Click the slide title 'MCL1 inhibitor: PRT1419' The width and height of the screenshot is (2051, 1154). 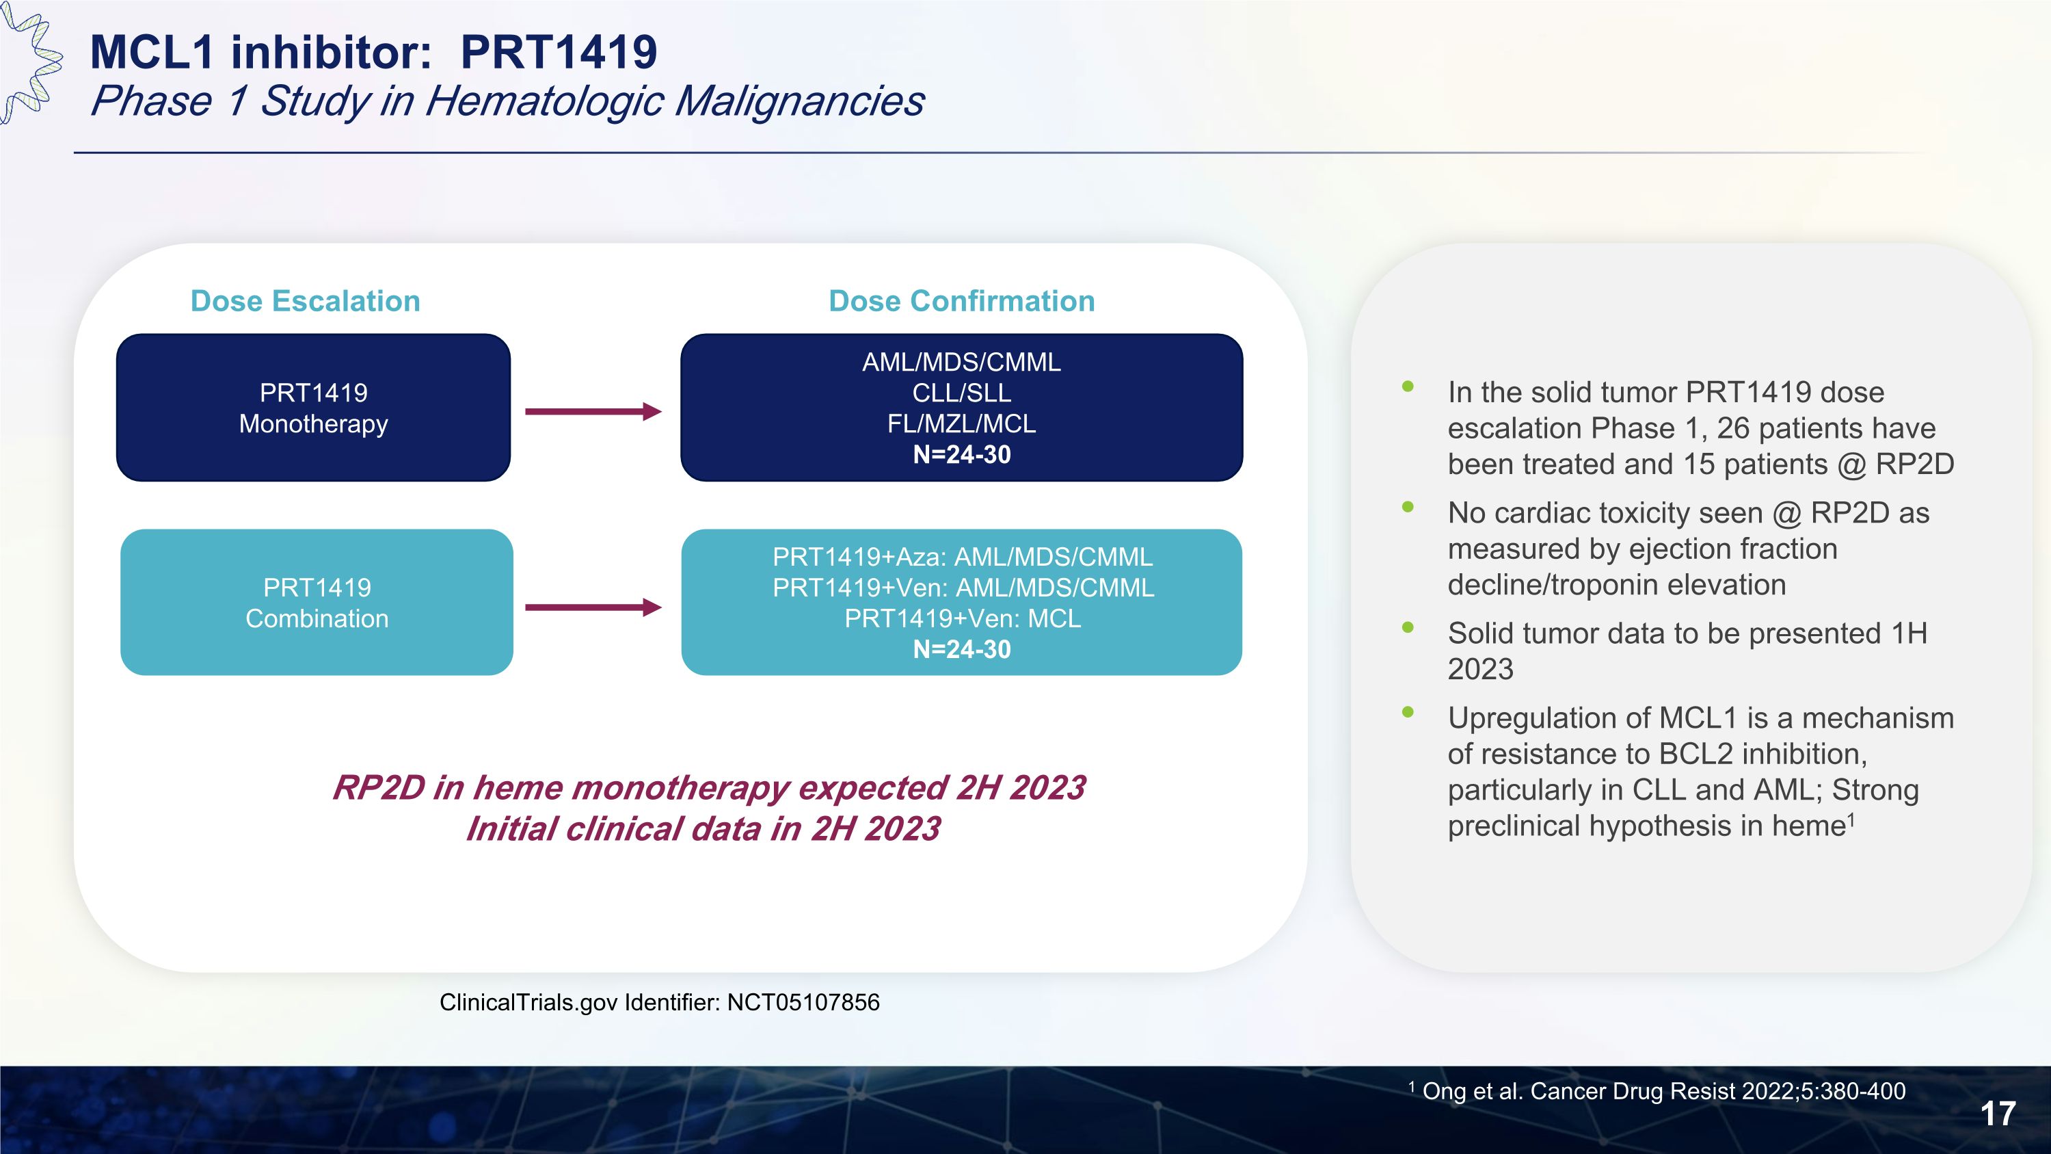click(373, 53)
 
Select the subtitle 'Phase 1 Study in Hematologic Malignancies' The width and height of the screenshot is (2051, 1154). click(507, 101)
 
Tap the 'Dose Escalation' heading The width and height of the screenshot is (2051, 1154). click(305, 301)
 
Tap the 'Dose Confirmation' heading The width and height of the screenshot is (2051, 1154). click(961, 301)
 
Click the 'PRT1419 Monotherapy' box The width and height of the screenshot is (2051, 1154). click(313, 408)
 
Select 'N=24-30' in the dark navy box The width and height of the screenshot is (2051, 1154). click(961, 455)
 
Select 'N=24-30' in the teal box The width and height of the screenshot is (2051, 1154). click(961, 650)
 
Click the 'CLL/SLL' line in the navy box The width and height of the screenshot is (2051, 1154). click(961, 393)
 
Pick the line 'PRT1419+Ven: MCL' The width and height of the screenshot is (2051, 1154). click(962, 619)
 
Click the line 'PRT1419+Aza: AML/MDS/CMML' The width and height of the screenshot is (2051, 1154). click(962, 557)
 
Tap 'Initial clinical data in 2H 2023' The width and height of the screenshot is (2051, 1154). click(702, 829)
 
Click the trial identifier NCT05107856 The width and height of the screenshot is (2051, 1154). click(803, 1002)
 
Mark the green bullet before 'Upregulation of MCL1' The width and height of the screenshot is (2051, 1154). click(1408, 712)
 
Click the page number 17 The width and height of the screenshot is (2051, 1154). click(1998, 1114)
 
